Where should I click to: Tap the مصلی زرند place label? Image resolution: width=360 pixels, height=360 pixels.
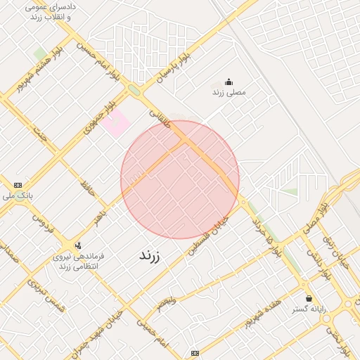coord(228,92)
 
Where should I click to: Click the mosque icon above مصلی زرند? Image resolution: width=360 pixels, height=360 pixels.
coord(228,82)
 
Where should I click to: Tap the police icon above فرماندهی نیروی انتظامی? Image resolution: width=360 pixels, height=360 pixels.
coord(77,245)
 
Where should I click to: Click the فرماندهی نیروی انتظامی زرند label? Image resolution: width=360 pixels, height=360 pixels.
coord(78,262)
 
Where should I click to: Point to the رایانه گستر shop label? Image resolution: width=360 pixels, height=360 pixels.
coord(309,309)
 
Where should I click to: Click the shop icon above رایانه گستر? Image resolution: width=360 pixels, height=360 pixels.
coord(309,298)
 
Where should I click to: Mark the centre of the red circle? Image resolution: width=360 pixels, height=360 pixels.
coord(180,180)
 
